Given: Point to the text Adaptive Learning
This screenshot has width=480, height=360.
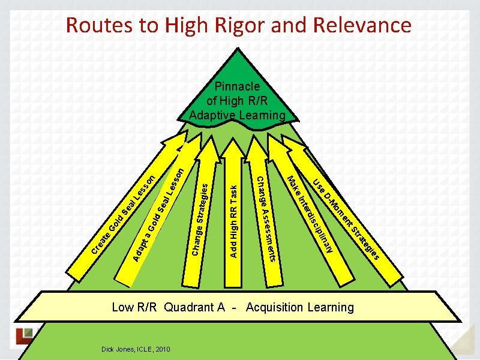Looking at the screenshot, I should (236, 115).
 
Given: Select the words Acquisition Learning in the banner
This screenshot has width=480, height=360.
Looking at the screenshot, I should (300, 308).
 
